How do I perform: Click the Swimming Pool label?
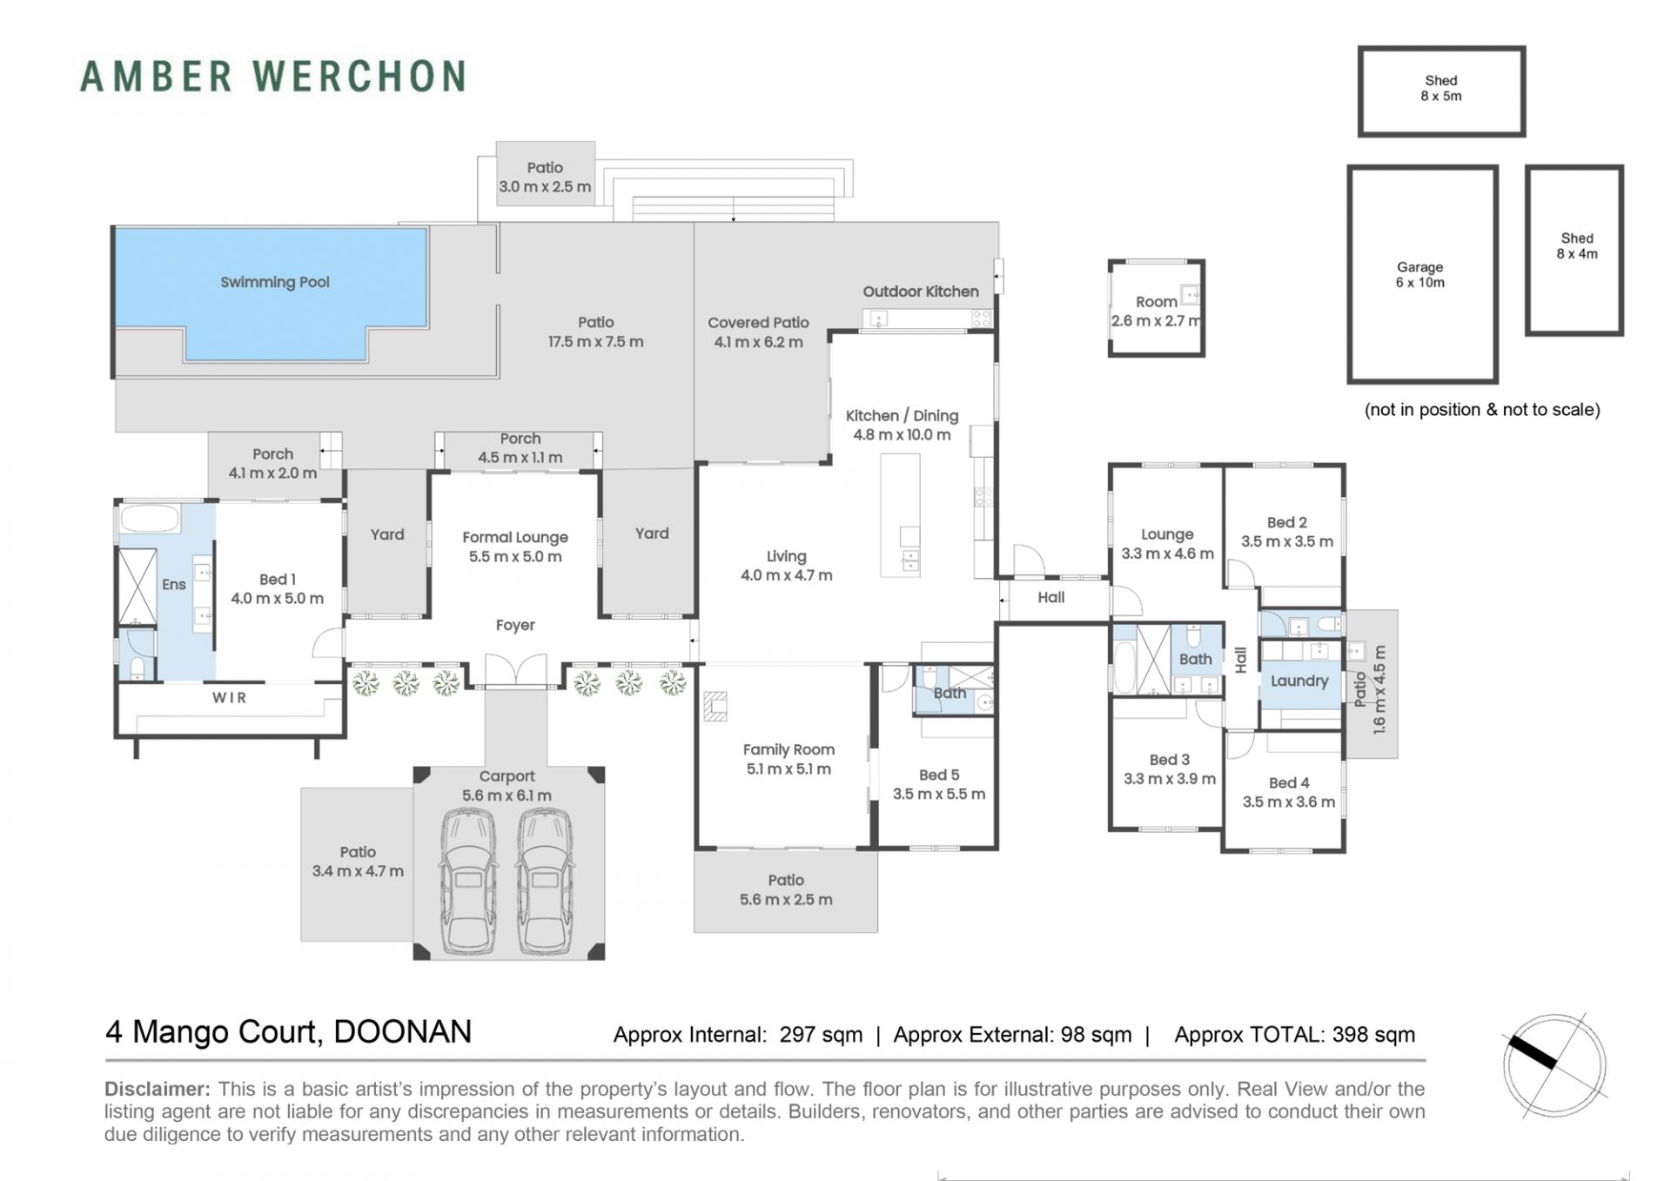coord(274,282)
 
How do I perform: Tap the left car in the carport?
coord(468,882)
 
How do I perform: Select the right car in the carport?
coord(545,882)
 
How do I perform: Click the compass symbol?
coord(1554,1065)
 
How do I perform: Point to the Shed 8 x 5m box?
coord(1441,91)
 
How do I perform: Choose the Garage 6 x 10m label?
coord(1419,275)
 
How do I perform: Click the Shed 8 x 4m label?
coord(1577,246)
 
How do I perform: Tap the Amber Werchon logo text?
coord(273,77)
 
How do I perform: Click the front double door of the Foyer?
coord(516,672)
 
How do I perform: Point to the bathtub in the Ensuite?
coord(148,519)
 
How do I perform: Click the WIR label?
coord(230,698)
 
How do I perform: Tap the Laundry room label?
coord(1299,681)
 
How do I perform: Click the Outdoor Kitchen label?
coord(921,292)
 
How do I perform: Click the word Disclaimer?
coord(158,1089)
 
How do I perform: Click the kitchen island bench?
coord(900,515)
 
